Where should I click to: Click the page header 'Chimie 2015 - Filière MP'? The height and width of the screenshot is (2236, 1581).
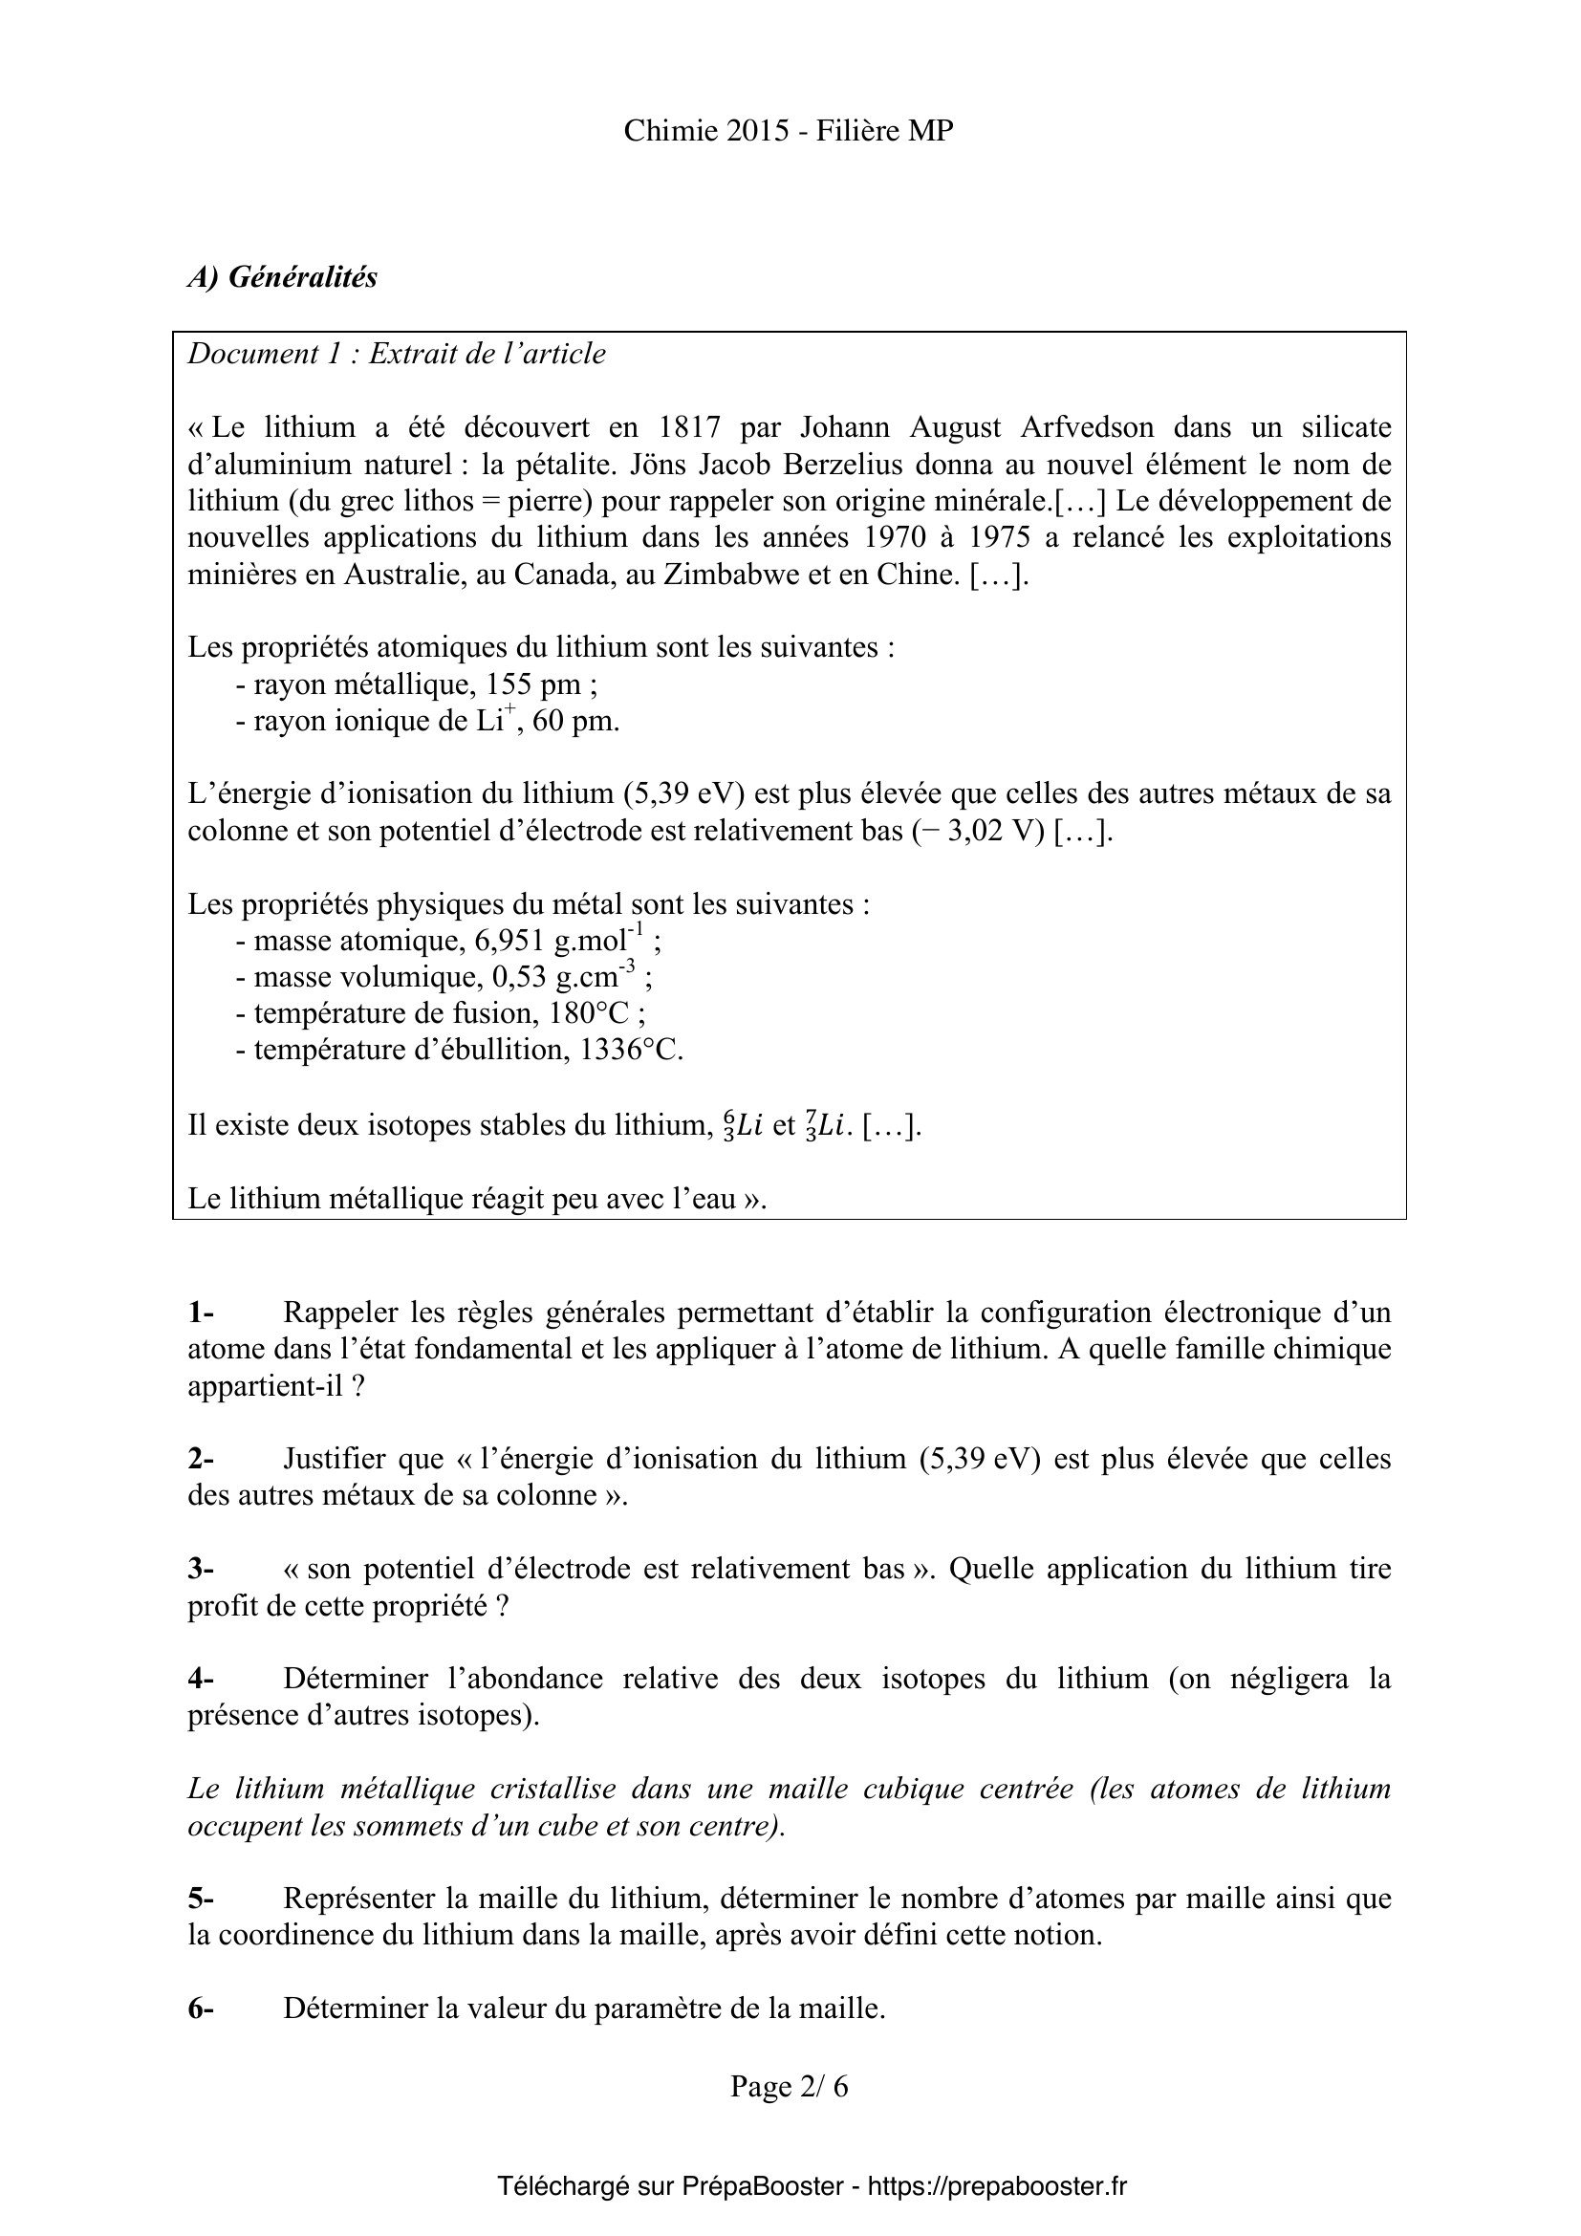click(789, 132)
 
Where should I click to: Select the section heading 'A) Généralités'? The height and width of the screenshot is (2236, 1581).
click(282, 277)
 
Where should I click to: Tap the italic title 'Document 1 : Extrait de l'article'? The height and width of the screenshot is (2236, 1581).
click(397, 355)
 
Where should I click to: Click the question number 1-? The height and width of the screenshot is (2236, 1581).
click(201, 1313)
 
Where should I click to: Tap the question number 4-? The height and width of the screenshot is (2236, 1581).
click(201, 1679)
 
